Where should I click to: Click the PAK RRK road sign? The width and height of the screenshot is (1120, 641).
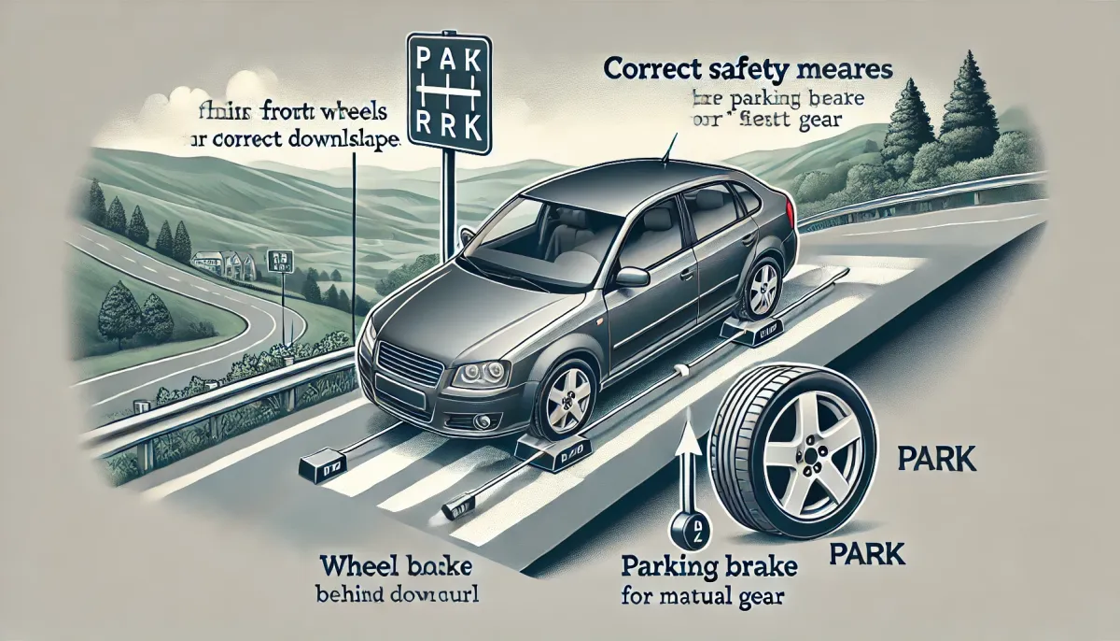449,94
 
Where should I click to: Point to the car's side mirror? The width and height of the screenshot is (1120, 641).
632,277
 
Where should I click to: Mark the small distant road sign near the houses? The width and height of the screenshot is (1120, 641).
277,259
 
